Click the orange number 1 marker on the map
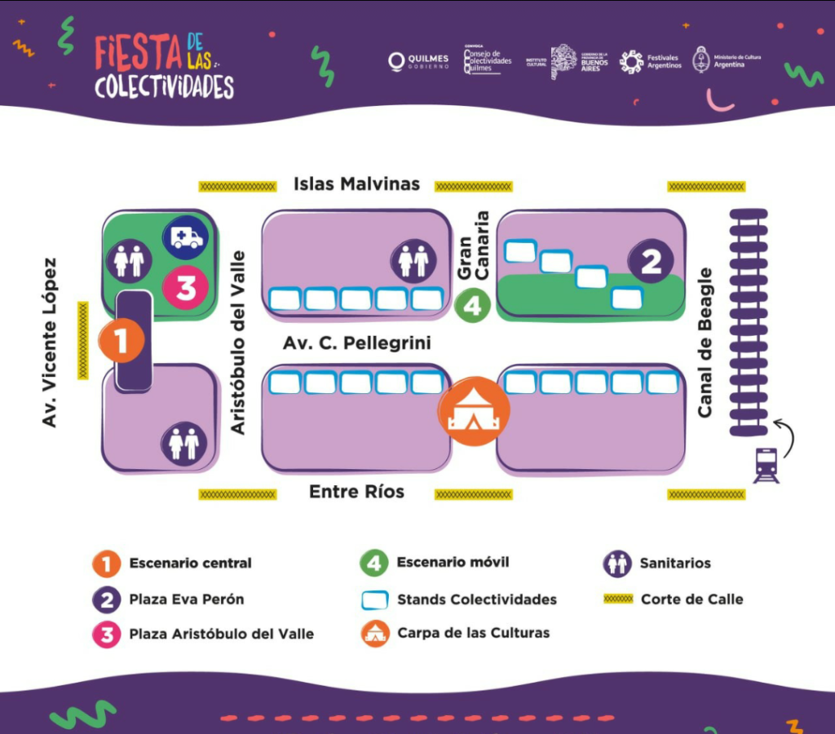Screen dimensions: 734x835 click(x=121, y=342)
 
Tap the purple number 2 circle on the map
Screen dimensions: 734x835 click(x=651, y=261)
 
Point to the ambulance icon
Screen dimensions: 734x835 click(x=186, y=237)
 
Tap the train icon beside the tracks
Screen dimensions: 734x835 click(x=766, y=466)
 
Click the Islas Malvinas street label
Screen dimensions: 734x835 click(x=356, y=183)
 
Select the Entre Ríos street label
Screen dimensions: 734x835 click(x=356, y=492)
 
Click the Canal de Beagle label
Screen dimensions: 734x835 click(x=705, y=343)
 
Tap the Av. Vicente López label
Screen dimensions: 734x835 click(x=50, y=343)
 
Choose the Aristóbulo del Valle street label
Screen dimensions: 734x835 click(x=238, y=343)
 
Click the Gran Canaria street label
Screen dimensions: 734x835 click(x=473, y=246)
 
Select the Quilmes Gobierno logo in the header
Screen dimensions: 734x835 click(x=418, y=62)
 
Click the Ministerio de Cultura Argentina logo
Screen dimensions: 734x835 click(x=718, y=60)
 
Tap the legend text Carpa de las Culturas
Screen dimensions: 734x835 click(x=473, y=633)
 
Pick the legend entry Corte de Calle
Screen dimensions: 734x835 click(x=691, y=599)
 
